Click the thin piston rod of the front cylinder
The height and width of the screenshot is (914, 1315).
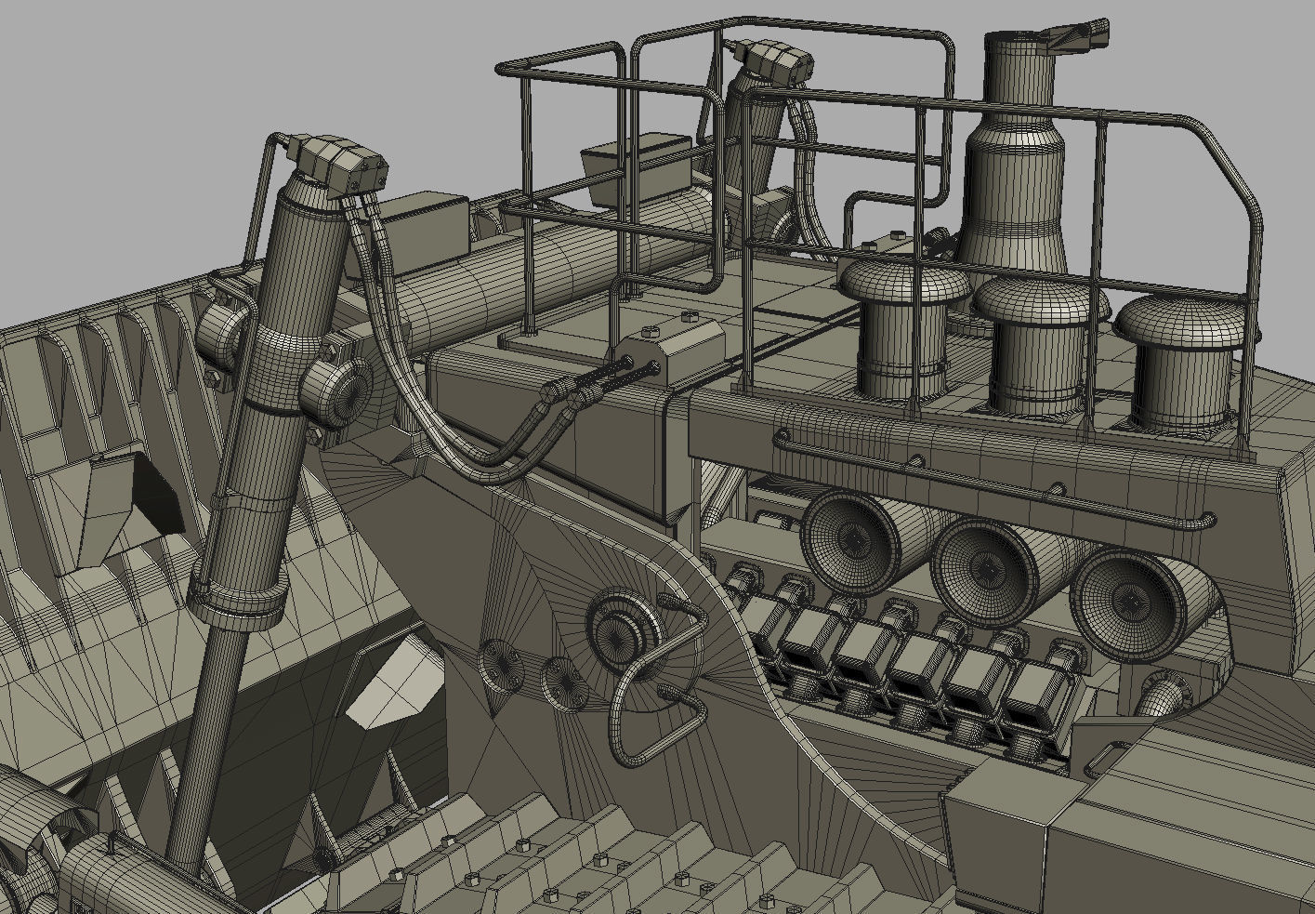coord(200,744)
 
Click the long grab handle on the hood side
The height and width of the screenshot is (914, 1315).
coord(994,479)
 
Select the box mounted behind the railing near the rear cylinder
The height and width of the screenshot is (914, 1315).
coord(636,167)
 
